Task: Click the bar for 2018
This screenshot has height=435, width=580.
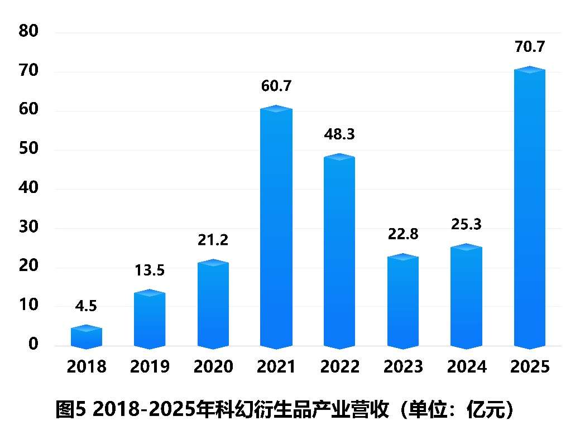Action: click(87, 337)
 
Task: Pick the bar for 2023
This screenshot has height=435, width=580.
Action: click(403, 302)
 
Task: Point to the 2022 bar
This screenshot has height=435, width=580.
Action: click(339, 252)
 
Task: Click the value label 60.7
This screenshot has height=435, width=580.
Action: click(276, 86)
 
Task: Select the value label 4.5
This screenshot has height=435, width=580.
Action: click(87, 306)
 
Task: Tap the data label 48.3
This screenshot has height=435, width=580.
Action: click(339, 134)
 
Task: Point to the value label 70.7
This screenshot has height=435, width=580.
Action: click(529, 47)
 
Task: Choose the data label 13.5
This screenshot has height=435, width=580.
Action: click(150, 271)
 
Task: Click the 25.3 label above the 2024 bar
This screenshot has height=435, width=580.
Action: click(466, 225)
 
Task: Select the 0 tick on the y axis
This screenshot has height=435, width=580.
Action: click(33, 345)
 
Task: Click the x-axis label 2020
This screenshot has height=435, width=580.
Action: click(213, 367)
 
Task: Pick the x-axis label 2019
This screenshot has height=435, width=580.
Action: click(150, 367)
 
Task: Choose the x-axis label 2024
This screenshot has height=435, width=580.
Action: click(466, 367)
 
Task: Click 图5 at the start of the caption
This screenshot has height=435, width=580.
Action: click(72, 410)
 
